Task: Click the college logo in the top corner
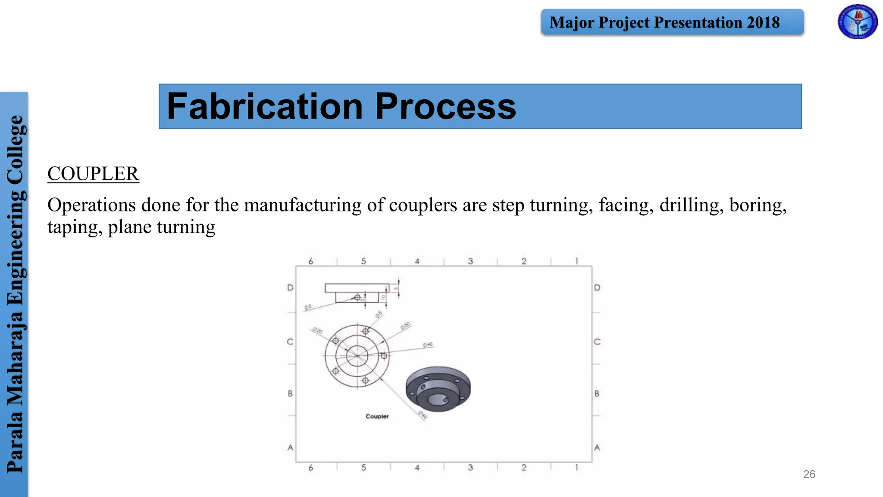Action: [x=857, y=22]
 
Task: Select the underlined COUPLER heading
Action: [x=93, y=174]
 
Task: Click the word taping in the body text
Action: [x=75, y=227]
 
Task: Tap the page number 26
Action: [x=809, y=474]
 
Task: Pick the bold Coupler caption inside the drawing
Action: [x=377, y=416]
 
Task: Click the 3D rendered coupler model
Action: [x=438, y=389]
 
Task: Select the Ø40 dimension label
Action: [x=428, y=345]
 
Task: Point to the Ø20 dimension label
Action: [x=317, y=330]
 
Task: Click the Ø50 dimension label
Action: [x=405, y=326]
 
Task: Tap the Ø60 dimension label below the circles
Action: [x=423, y=415]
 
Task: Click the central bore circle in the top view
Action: [x=357, y=355]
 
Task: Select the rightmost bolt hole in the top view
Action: [x=384, y=355]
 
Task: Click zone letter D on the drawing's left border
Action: [x=290, y=288]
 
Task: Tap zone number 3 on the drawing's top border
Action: [x=470, y=261]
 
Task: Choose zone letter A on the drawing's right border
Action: [x=597, y=448]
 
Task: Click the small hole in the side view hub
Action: [x=357, y=298]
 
